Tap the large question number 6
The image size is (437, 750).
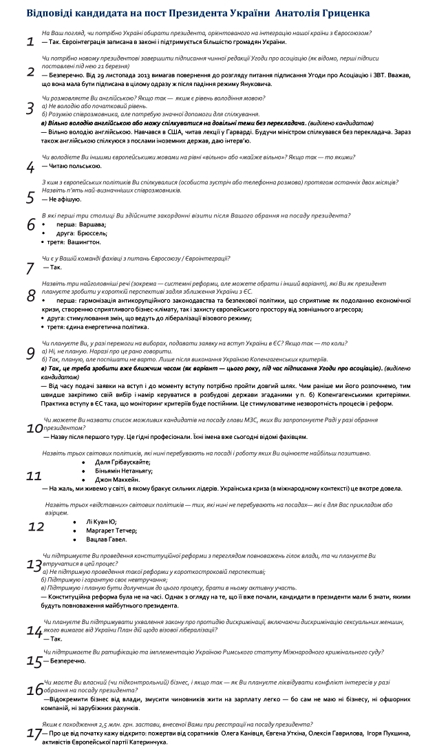point(30,225)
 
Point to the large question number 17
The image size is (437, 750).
point(34,733)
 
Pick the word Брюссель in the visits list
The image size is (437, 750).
point(92,233)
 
